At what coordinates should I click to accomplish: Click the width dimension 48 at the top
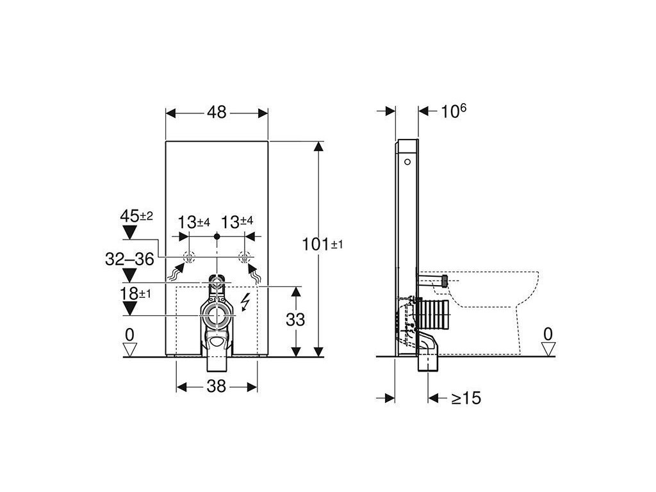pos(217,112)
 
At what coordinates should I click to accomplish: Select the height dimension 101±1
pos(322,244)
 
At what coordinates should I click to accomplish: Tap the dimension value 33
pos(295,320)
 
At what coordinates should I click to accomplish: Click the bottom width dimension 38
pos(217,386)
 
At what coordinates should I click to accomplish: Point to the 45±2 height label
pos(136,217)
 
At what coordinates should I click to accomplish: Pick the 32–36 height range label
pos(129,259)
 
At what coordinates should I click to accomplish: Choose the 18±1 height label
pos(135,293)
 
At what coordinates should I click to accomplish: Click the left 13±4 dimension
pos(193,222)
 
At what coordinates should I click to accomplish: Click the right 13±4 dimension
pos(237,222)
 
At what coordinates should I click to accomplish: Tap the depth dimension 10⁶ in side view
pos(454,111)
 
